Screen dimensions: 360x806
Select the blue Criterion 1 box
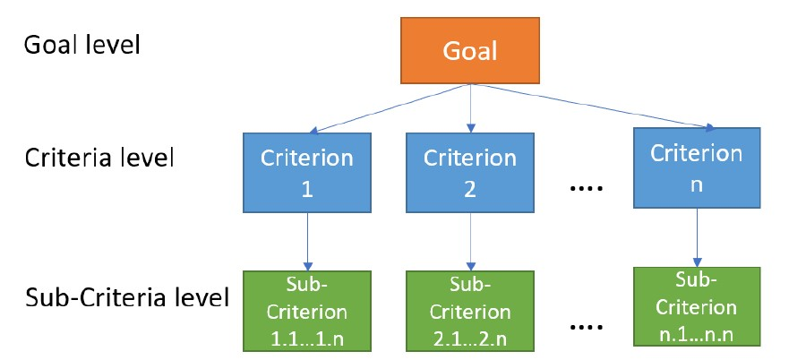click(x=307, y=173)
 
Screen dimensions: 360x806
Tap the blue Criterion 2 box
click(x=470, y=173)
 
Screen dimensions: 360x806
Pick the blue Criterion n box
click(x=696, y=167)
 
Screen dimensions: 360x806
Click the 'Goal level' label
click(x=81, y=45)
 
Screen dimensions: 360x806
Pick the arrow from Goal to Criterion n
click(x=591, y=107)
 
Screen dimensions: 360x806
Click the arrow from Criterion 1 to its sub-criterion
click(x=307, y=241)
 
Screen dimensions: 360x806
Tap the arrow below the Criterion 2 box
click(x=470, y=241)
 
